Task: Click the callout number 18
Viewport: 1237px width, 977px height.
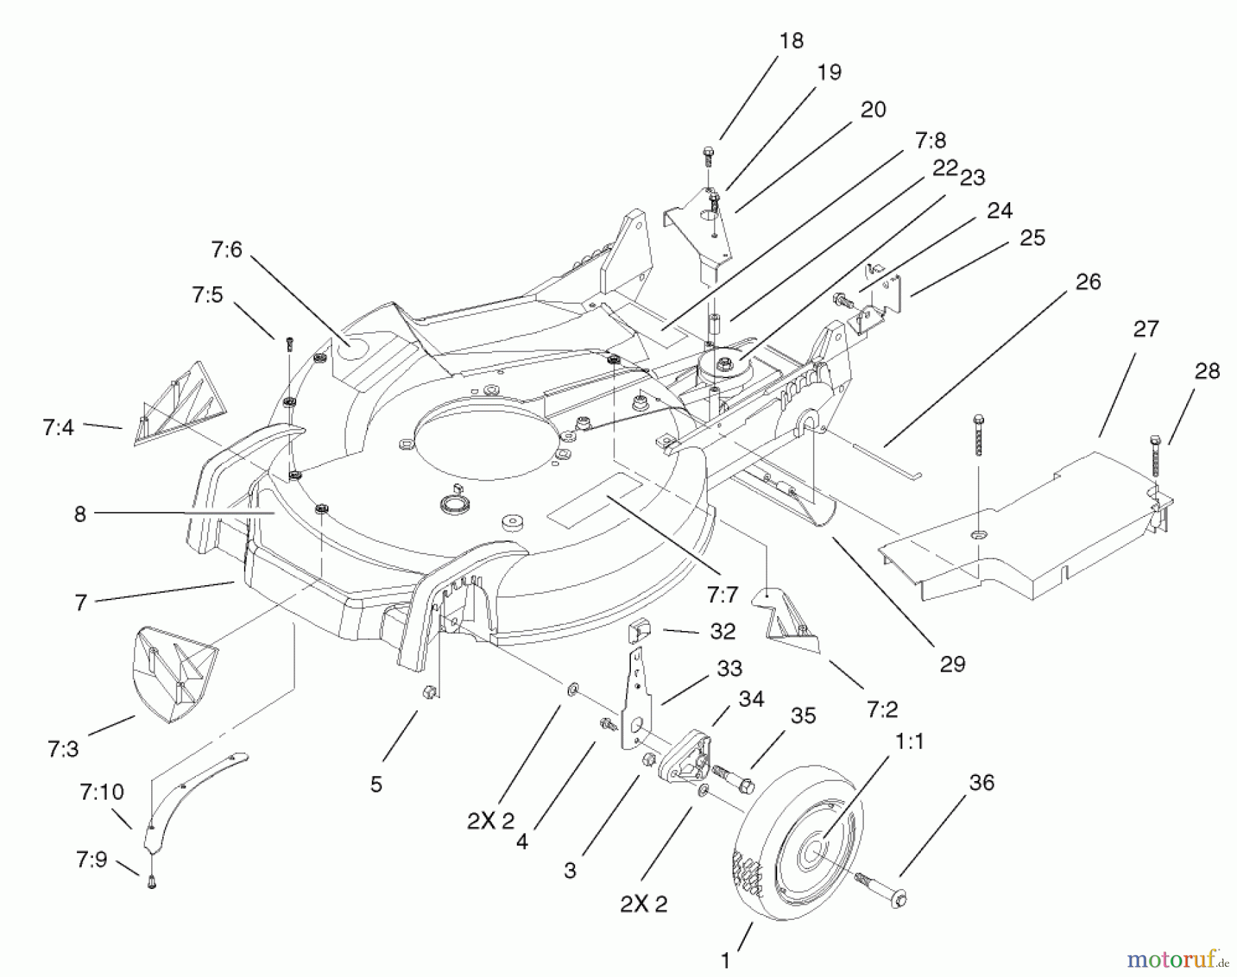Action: click(792, 41)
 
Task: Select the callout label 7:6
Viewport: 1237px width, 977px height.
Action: click(227, 249)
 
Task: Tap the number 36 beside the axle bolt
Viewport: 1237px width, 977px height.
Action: click(981, 782)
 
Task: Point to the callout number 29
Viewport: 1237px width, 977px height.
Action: click(952, 663)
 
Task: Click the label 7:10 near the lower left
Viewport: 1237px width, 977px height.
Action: click(102, 792)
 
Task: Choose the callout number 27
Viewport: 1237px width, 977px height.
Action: click(1146, 329)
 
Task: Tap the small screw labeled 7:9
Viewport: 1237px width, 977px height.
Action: click(152, 883)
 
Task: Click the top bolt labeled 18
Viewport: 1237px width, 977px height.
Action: click(709, 155)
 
